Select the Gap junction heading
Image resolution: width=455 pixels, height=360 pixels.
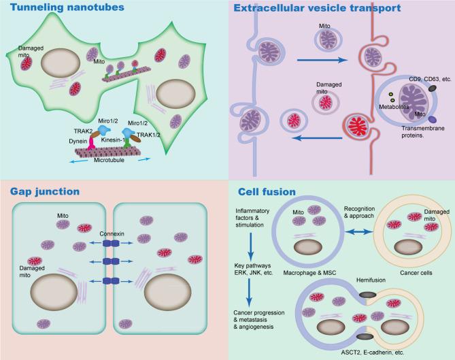point(42,191)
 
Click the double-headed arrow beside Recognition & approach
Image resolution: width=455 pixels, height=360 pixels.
point(350,231)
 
